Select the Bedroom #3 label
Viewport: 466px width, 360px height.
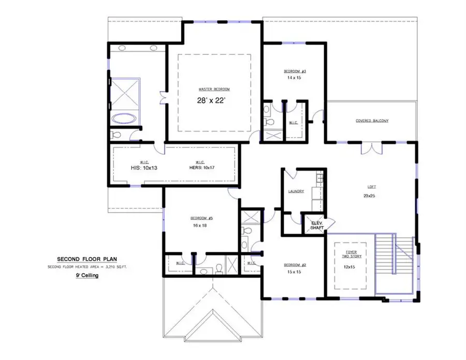point(295,71)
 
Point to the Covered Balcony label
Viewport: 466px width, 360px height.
point(371,121)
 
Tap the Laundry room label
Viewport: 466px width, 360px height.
point(295,191)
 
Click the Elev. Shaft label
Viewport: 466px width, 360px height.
point(316,225)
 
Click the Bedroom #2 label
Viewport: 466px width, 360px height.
point(295,265)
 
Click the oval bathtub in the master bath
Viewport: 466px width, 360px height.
point(124,117)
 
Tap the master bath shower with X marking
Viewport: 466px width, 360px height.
point(125,93)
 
